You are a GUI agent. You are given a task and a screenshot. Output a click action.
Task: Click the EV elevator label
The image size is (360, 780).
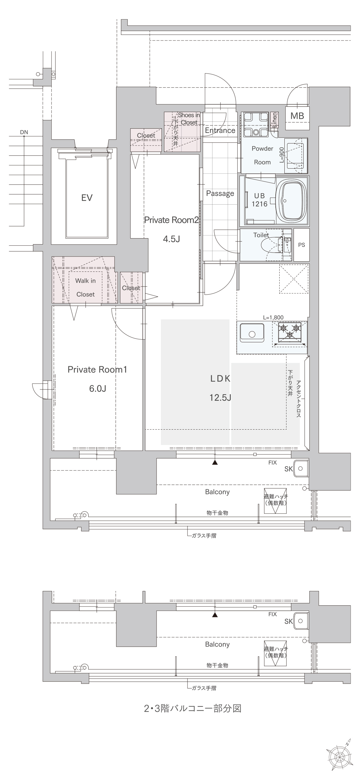point(87,198)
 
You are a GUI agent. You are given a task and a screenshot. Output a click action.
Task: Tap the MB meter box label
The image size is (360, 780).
point(297,116)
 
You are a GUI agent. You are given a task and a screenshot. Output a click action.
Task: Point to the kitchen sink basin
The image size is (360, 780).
point(252,333)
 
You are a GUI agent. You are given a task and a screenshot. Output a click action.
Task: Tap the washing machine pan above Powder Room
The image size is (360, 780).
point(256,124)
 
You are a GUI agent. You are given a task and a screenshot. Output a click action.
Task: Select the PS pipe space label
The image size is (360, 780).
point(301,245)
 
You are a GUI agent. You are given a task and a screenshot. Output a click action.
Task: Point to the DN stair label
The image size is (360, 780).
point(24,132)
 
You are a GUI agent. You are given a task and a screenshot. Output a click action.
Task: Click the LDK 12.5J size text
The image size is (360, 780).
point(220,397)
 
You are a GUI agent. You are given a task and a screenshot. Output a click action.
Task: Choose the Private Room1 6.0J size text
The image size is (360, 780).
point(97,388)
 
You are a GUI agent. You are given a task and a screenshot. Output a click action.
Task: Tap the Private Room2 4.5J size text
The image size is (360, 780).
point(171,239)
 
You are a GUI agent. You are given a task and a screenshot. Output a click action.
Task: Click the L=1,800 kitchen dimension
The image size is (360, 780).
point(273,317)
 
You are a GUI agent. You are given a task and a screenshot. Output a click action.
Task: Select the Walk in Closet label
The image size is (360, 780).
point(85,287)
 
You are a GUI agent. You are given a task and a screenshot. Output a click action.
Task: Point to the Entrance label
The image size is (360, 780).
point(220,130)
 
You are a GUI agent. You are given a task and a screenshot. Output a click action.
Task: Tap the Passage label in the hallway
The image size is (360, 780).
point(220,193)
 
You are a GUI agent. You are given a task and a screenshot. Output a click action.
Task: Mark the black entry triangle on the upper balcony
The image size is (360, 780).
point(215,462)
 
